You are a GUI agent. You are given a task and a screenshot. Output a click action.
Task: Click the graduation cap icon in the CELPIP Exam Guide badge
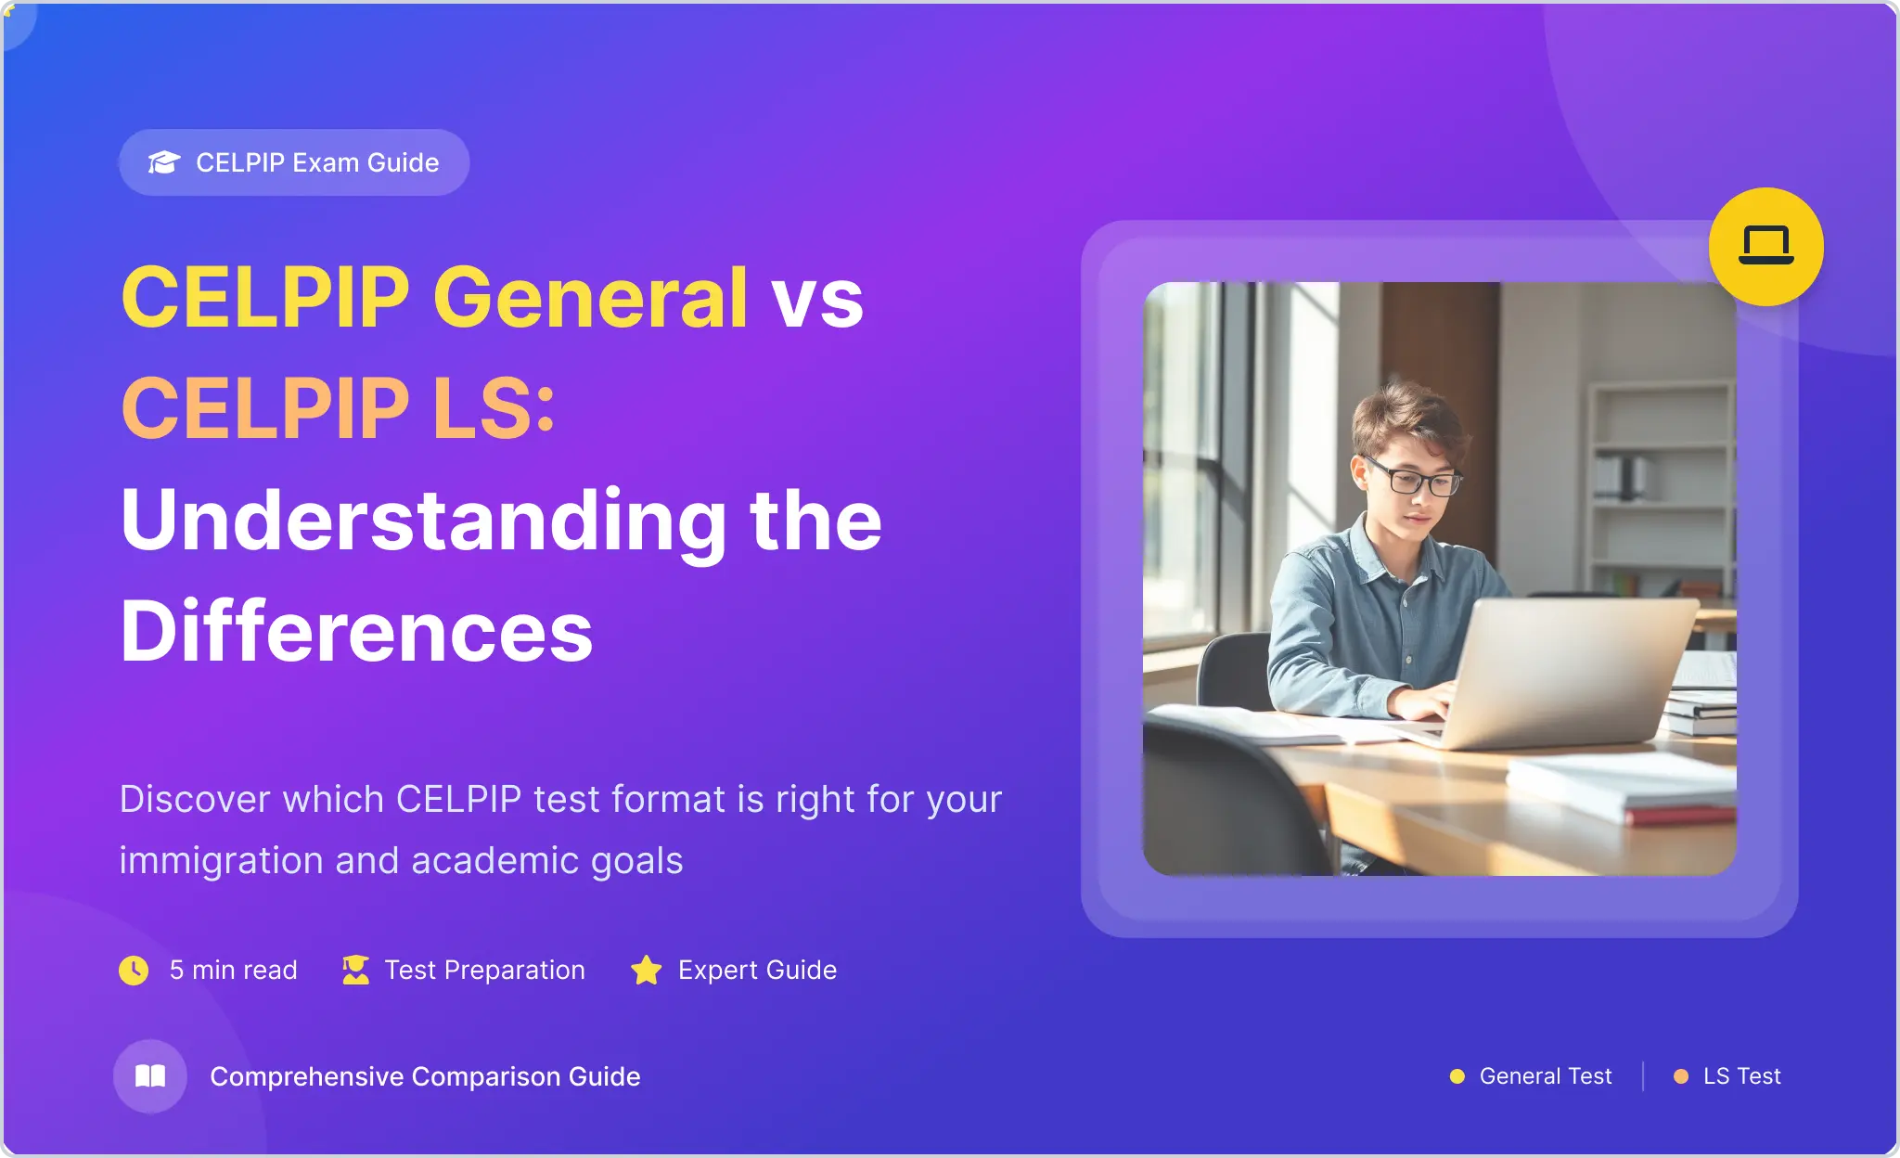[x=164, y=162]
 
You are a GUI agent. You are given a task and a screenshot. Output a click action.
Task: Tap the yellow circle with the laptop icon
[x=1765, y=246]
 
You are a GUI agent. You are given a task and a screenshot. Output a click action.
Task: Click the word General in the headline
[x=590, y=298]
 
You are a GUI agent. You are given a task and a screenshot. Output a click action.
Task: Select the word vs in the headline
[x=817, y=302]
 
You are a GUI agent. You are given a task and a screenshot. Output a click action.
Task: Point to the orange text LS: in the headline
[x=494, y=408]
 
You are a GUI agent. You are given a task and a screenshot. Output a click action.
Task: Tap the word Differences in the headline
[x=357, y=631]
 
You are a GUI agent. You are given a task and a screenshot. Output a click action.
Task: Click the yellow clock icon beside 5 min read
[x=134, y=970]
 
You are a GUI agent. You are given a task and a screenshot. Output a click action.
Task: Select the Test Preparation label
[x=484, y=970]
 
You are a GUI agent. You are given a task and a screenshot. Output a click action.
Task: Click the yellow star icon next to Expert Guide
[x=647, y=970]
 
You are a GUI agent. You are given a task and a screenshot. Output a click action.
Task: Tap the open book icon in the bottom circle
[x=150, y=1075]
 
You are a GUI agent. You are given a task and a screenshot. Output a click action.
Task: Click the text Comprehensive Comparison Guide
[x=425, y=1076]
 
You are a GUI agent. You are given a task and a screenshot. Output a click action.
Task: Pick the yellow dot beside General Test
[x=1457, y=1076]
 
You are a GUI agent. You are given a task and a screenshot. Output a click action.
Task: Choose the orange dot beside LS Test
[x=1681, y=1076]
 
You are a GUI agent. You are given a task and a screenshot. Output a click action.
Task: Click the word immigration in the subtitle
[x=222, y=861]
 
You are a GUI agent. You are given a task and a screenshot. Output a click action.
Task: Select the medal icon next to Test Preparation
[x=355, y=970]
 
